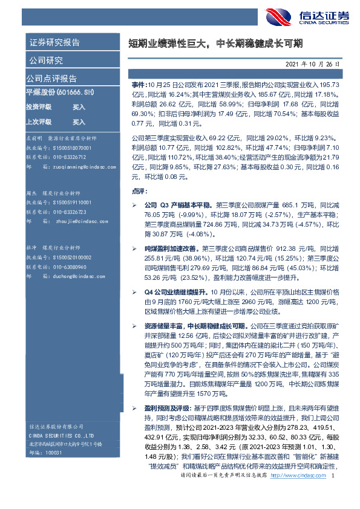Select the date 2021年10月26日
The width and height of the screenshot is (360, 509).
[316, 63]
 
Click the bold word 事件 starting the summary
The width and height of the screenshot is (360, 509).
[138, 86]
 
